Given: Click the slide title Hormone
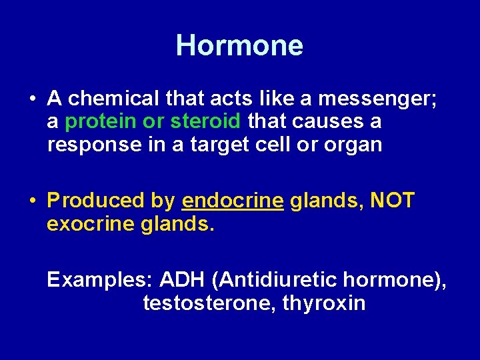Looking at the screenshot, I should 239,45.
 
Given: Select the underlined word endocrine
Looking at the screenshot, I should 232,201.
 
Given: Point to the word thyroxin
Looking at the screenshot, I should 324,303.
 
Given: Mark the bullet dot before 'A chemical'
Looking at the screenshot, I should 32,100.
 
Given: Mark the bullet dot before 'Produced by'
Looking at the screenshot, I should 32,201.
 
